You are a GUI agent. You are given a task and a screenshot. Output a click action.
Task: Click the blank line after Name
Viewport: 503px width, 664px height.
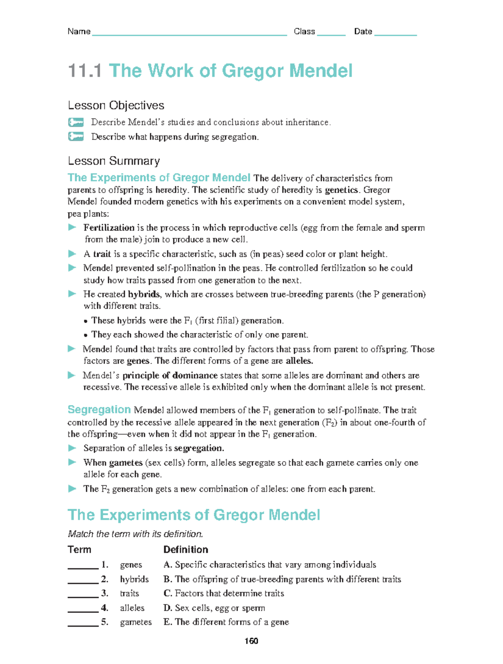pos(189,34)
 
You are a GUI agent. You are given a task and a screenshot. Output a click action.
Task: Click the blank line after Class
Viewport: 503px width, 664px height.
pos(331,34)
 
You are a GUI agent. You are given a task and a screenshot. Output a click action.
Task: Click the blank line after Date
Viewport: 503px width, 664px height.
pos(395,34)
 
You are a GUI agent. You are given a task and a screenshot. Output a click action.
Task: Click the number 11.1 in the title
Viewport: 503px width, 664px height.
pos(85,70)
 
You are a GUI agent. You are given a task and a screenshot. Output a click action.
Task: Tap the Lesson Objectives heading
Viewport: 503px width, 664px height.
pos(116,105)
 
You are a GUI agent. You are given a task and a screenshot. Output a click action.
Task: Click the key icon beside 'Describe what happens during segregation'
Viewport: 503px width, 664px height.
pos(76,136)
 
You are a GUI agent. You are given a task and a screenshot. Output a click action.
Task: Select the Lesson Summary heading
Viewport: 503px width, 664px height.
pos(114,161)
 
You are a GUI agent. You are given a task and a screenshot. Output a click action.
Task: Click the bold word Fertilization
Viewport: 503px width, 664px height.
pos(109,228)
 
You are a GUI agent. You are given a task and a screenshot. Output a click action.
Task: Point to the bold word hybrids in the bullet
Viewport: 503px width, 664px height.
pos(143,294)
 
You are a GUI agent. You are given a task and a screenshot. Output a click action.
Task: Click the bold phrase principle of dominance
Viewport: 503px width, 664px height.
pos(170,375)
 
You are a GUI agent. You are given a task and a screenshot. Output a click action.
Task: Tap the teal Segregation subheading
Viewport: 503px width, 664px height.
pos(99,410)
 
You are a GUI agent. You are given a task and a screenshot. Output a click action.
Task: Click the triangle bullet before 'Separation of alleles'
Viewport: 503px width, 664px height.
pos(72,448)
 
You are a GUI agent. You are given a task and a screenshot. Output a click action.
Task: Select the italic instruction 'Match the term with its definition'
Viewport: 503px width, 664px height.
pos(135,534)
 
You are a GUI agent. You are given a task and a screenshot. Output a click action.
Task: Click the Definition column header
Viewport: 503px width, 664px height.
pos(185,549)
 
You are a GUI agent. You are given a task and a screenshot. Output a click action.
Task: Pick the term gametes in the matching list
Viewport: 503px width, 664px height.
pos(136,622)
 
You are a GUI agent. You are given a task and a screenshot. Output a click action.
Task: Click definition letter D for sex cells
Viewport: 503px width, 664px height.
pos(167,608)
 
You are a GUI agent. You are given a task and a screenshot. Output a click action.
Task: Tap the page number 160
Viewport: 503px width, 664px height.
pos(251,641)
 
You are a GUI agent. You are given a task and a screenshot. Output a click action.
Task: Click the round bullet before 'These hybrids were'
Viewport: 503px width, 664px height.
pos(86,321)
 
